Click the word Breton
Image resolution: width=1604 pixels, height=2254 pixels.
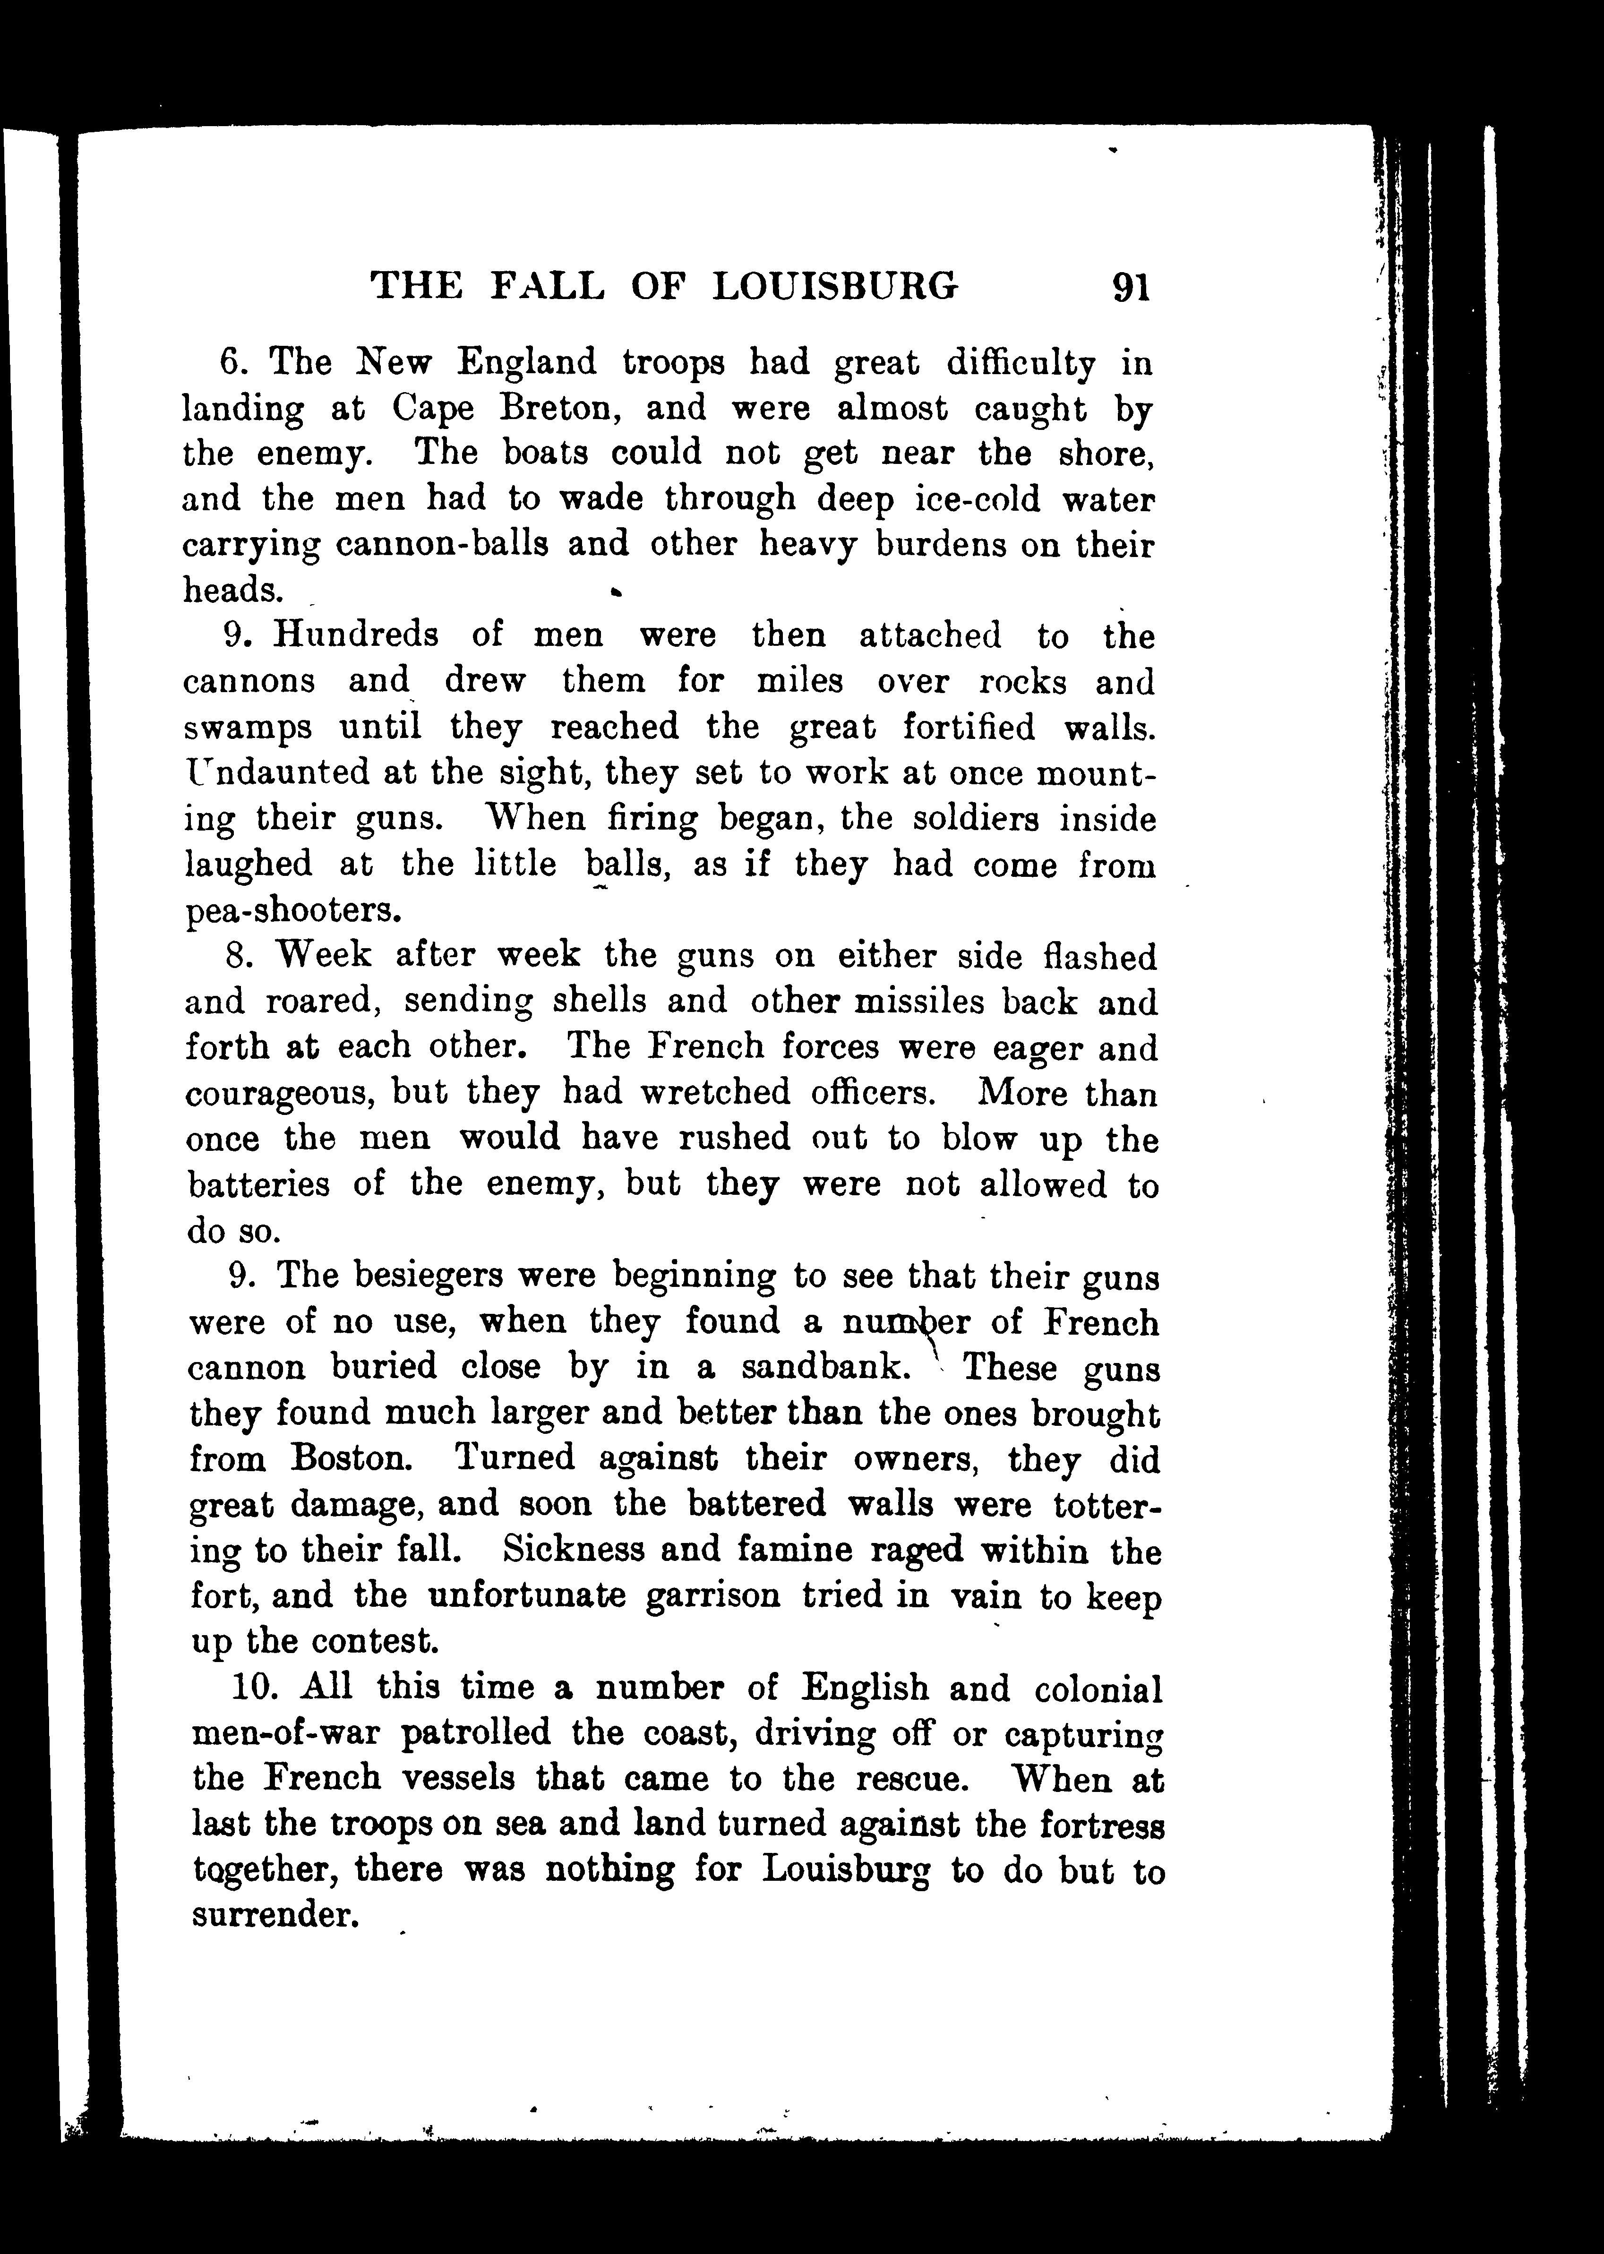[563, 408]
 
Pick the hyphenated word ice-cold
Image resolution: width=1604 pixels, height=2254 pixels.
[978, 499]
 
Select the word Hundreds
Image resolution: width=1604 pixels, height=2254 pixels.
[356, 634]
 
